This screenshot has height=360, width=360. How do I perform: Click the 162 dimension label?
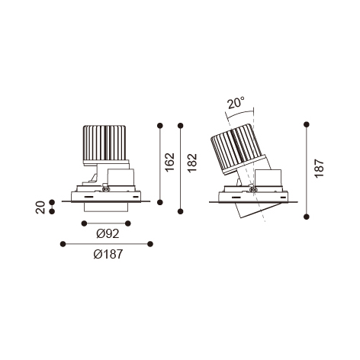(x=170, y=162)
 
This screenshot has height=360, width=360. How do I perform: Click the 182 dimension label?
(x=192, y=163)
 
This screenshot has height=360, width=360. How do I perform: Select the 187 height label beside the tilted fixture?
(x=319, y=169)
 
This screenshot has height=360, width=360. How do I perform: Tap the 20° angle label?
(x=236, y=102)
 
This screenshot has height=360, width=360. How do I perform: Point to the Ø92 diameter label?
(x=108, y=233)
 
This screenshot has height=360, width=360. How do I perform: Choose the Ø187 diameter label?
(x=108, y=254)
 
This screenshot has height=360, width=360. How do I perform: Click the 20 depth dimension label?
(x=40, y=207)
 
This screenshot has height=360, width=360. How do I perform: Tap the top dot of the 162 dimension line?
(x=160, y=125)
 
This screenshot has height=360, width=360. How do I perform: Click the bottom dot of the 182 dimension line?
(x=181, y=211)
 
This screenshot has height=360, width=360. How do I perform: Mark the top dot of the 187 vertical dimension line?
(x=307, y=124)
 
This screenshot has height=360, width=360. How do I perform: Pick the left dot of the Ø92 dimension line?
(x=84, y=223)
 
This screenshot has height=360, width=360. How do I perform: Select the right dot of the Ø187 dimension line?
(x=150, y=244)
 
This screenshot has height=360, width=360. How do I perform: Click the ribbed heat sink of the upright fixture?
(x=104, y=143)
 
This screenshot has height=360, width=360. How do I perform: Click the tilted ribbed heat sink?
(x=237, y=149)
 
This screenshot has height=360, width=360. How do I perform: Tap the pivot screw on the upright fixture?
(x=106, y=188)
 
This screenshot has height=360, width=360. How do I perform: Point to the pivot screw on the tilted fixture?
(x=252, y=189)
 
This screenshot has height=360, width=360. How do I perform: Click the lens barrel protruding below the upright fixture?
(x=105, y=207)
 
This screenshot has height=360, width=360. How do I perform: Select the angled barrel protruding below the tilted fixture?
(x=257, y=210)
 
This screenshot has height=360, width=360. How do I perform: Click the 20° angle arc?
(x=240, y=114)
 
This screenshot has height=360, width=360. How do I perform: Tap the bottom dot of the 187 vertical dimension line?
(x=307, y=217)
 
